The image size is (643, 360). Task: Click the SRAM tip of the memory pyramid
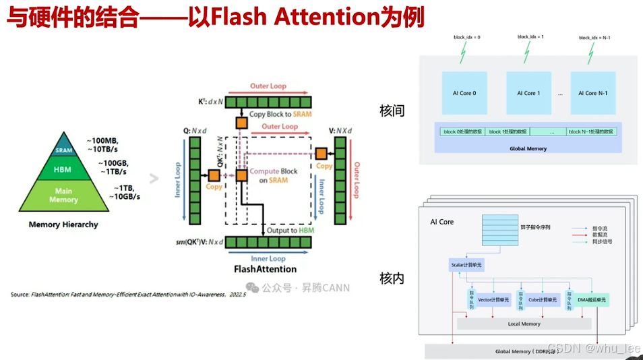click(63, 150)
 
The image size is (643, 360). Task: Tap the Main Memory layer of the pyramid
click(63, 196)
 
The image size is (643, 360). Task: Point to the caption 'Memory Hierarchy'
click(63, 224)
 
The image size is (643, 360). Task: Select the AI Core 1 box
click(528, 93)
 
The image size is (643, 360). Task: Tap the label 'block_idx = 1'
click(530, 36)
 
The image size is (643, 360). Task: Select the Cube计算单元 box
click(543, 299)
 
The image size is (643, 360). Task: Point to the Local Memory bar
click(524, 324)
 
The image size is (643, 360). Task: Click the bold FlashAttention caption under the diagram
click(265, 269)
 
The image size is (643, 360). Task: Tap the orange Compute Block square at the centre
click(241, 175)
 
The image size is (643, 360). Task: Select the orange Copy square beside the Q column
click(214, 175)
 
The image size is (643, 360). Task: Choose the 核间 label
click(392, 111)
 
